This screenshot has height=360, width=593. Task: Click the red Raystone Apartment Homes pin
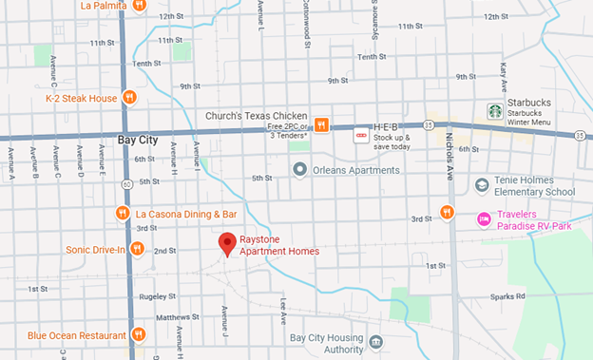pyautogui.click(x=227, y=244)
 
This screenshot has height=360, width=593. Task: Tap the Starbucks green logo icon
pyautogui.click(x=494, y=111)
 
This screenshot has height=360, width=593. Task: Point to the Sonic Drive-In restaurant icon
pyautogui.click(x=138, y=249)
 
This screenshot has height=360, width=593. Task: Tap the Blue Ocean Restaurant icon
pyautogui.click(x=139, y=334)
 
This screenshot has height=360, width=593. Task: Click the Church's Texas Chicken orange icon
pyautogui.click(x=322, y=124)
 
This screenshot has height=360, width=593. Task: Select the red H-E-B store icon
pyautogui.click(x=360, y=135)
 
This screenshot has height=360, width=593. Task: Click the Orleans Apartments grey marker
pyautogui.click(x=300, y=170)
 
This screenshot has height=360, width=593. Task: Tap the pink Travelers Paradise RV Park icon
pyautogui.click(x=484, y=219)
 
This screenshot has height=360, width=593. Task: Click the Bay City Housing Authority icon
pyautogui.click(x=376, y=342)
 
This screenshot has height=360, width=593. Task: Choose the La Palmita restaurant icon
pyautogui.click(x=139, y=5)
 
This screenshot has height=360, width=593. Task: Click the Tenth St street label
pyautogui.click(x=146, y=64)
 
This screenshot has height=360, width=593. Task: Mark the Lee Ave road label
pyautogui.click(x=283, y=309)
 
